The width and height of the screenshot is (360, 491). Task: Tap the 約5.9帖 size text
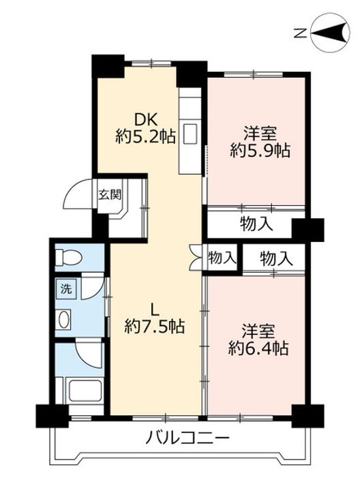click(260, 151)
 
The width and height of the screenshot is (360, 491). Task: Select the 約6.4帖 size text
click(258, 348)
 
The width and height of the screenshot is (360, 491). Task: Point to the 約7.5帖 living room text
click(154, 327)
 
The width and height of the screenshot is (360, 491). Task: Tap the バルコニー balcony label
click(187, 437)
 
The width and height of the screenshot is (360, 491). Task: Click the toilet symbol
click(69, 257)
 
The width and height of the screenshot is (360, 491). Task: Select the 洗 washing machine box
click(65, 288)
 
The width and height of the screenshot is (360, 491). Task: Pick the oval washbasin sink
click(64, 319)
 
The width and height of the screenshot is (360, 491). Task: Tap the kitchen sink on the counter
click(190, 134)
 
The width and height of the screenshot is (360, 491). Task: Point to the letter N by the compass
click(300, 33)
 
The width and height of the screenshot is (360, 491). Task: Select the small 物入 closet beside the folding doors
click(222, 258)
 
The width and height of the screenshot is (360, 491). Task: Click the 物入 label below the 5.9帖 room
click(256, 224)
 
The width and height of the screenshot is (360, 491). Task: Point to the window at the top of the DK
click(151, 63)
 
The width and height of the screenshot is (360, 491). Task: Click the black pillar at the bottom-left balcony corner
click(52, 416)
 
